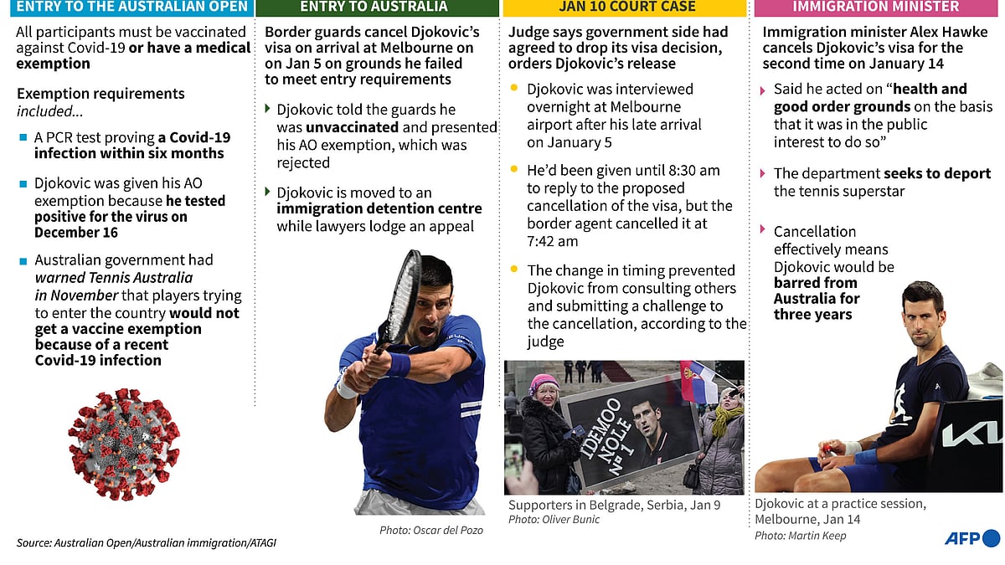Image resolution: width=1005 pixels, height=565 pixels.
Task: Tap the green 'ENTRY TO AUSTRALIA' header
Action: click(374, 8)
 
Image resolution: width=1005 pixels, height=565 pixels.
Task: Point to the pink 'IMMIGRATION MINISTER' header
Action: click(876, 8)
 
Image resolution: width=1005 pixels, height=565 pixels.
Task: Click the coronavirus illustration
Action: click(123, 443)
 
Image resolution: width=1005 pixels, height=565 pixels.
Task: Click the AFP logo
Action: click(971, 538)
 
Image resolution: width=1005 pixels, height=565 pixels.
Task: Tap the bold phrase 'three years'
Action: click(812, 315)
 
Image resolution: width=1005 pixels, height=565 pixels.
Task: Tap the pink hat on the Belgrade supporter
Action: click(544, 383)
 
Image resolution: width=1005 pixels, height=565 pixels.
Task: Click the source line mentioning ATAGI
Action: click(147, 543)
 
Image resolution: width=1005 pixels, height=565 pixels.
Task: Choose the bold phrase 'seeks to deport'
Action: click(937, 174)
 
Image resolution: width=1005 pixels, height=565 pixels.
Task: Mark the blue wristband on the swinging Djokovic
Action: click(399, 365)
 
